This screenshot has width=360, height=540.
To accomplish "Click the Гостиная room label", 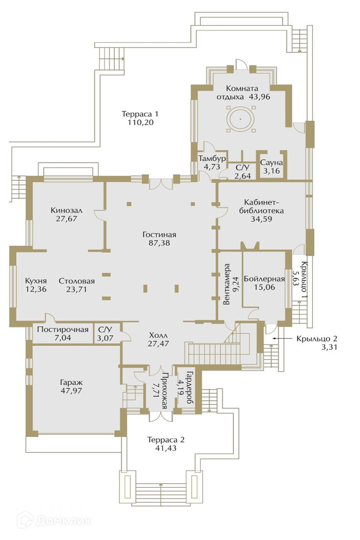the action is tap(159, 234).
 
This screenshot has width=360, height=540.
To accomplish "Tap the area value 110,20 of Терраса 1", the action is tap(141, 122).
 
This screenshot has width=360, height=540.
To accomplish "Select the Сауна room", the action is tap(271, 166).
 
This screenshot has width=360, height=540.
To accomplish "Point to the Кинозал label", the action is tap(67, 210).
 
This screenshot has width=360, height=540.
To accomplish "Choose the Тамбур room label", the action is tap(212, 158).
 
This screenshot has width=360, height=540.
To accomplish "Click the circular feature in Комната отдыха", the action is tap(240, 119).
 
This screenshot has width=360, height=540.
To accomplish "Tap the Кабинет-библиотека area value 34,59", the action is tap(261, 219).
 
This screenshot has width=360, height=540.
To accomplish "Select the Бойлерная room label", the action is tap(264, 279).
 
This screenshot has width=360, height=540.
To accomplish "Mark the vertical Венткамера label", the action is tap(227, 284).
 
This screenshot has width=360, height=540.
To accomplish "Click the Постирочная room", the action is tap(63, 333).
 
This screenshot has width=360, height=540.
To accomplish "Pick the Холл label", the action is tap(158, 335).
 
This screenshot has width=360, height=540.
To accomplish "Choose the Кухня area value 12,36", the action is tap(36, 289).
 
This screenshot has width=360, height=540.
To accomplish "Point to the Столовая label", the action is tap(76, 281).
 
